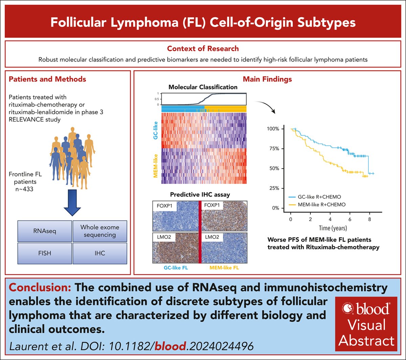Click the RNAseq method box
(45, 231)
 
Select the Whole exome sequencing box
(100, 231)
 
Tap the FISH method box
(45, 253)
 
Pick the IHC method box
(100, 253)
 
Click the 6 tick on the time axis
(350, 219)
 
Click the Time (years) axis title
(333, 228)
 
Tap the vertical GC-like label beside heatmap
(156, 130)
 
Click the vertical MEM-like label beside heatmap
(156, 166)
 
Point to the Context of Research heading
(203, 48)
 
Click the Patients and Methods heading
(47, 79)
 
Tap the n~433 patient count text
(24, 189)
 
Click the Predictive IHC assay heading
(200, 194)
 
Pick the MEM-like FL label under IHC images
(224, 268)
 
